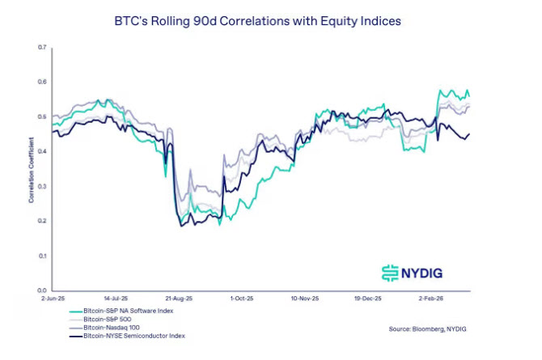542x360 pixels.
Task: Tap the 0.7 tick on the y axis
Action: [41, 48]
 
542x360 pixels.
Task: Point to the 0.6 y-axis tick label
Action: [41, 83]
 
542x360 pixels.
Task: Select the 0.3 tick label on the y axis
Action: [41, 186]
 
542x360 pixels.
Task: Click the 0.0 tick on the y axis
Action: [41, 290]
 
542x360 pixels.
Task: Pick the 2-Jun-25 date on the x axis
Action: [53, 299]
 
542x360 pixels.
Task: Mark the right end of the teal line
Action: [469, 95]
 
